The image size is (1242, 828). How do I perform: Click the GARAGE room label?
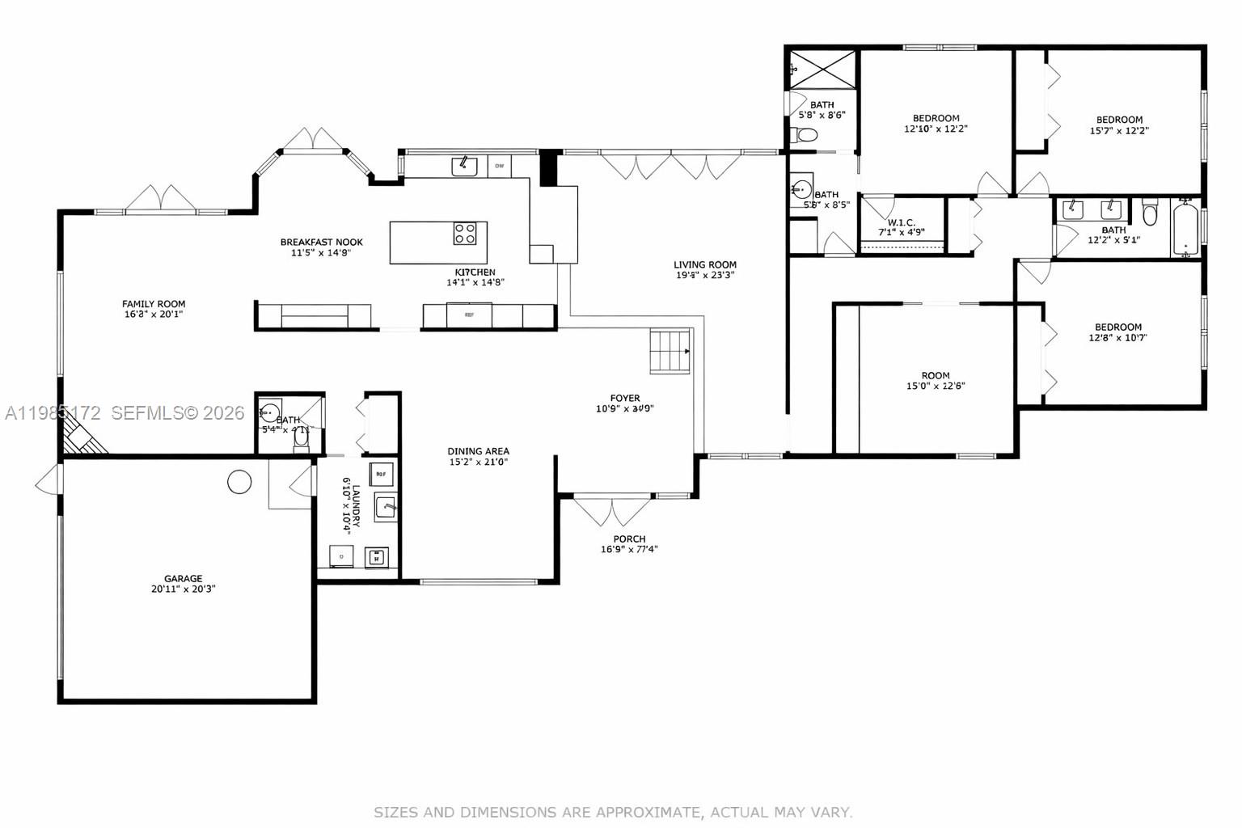click(183, 578)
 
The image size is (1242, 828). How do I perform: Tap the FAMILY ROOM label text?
click(154, 304)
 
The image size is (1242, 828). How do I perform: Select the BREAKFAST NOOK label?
click(321, 242)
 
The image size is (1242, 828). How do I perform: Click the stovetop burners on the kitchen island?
click(465, 234)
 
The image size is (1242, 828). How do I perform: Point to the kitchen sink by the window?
click(464, 166)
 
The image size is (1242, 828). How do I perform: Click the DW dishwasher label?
click(499, 167)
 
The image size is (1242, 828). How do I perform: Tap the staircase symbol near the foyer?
click(670, 352)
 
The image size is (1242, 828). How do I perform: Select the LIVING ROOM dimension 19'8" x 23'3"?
click(705, 275)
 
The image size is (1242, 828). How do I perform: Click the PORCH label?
click(629, 539)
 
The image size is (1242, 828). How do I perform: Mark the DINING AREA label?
click(478, 451)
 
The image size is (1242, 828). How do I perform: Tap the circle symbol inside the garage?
click(239, 482)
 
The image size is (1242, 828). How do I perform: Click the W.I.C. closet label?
click(901, 222)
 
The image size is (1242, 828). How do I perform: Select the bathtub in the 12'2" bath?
click(1184, 230)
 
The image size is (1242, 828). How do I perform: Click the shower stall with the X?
click(822, 68)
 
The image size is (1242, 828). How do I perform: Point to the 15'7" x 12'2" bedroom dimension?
click(1119, 130)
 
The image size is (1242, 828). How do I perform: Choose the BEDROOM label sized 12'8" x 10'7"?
click(1118, 327)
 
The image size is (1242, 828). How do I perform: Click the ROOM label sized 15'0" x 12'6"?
click(935, 375)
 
